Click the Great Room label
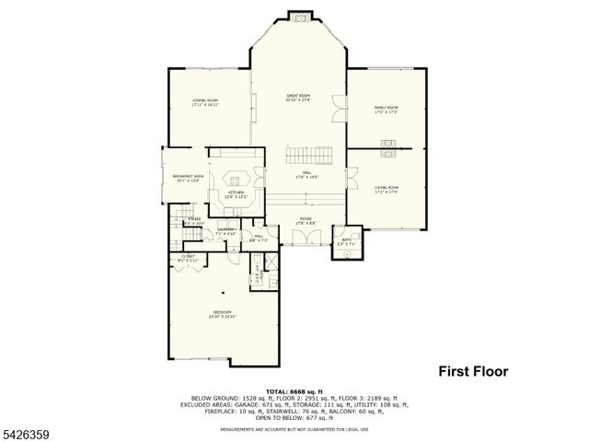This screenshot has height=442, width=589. coord(297,97)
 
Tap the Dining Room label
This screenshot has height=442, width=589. coord(205,102)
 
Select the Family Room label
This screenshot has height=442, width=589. coord(387,110)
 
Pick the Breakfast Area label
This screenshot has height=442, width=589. coord(187,178)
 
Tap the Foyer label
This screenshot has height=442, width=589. coord(306,219)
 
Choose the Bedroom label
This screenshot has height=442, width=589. coord(223,314)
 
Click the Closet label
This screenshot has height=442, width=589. coord(188,259)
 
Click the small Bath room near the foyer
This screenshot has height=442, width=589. coord(346,241)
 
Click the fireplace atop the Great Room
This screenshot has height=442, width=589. coord(297,16)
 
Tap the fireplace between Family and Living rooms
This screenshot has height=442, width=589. coord(387,145)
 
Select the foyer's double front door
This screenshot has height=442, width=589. coord(305,238)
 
